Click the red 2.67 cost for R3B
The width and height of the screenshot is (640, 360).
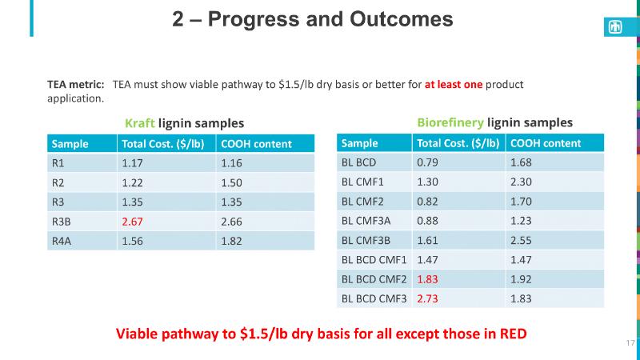pos(133,221)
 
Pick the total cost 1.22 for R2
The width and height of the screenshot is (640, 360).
pos(133,182)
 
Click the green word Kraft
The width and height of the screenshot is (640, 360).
pos(139,123)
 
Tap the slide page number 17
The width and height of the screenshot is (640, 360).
pos(629,342)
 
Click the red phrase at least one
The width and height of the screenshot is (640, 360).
pos(452,84)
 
